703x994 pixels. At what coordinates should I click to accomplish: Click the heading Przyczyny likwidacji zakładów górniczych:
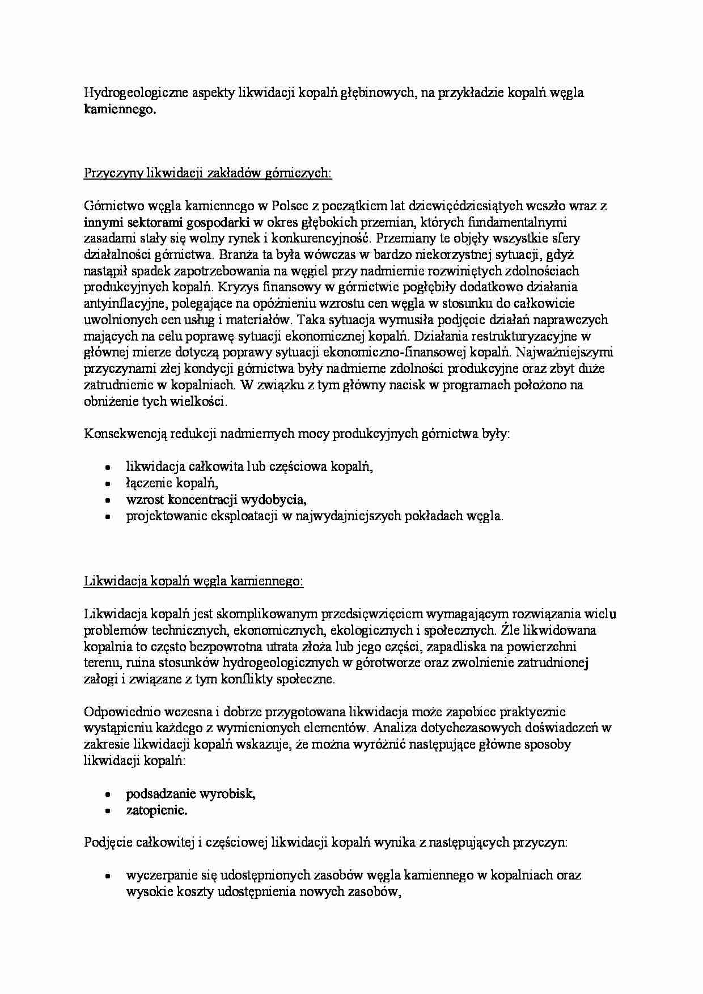207,173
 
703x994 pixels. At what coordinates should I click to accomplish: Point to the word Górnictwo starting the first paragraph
111,206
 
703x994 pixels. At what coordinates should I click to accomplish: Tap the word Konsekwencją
121,434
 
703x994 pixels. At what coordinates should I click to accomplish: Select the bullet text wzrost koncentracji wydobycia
216,500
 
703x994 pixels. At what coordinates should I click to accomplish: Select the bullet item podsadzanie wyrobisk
190,793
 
